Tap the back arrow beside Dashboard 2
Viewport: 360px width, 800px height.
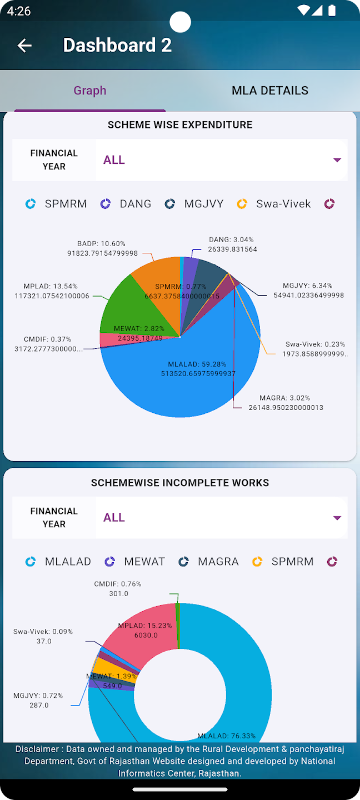[24, 46]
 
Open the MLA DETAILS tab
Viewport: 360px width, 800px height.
[269, 91]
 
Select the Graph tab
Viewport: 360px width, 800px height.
[89, 91]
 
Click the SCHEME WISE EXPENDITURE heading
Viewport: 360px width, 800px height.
[180, 125]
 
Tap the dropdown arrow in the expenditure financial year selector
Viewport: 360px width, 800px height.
[337, 160]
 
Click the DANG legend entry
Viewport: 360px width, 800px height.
[126, 204]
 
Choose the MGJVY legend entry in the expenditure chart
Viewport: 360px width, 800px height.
[194, 204]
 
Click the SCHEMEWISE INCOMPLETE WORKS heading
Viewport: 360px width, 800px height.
[180, 483]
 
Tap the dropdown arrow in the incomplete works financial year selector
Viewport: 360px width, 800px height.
[337, 518]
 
